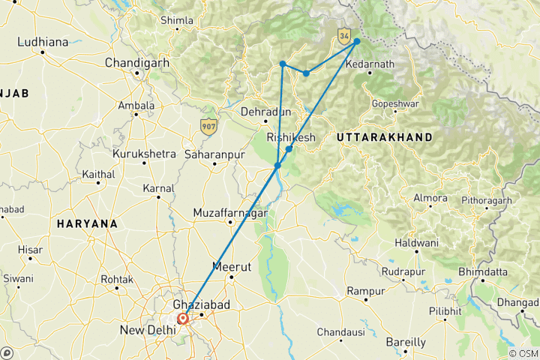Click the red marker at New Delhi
182,318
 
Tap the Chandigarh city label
137,61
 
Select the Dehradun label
265,112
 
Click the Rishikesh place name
292,137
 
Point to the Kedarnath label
370,64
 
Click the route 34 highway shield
344,35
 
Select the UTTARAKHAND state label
384,137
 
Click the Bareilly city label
406,342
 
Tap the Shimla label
177,20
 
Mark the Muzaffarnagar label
230,213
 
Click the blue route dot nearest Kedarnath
357,41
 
